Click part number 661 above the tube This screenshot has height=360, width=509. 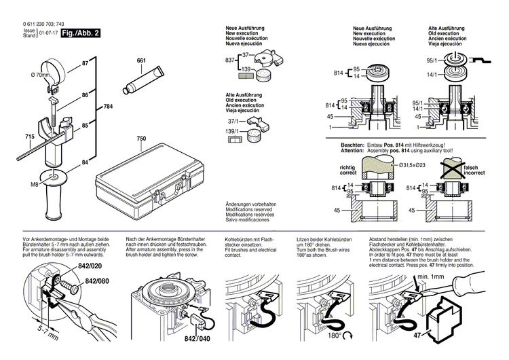[x=141, y=62]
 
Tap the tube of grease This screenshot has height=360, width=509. [x=140, y=81]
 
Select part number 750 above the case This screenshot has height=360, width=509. [x=141, y=139]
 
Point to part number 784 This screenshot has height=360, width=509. [x=108, y=107]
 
